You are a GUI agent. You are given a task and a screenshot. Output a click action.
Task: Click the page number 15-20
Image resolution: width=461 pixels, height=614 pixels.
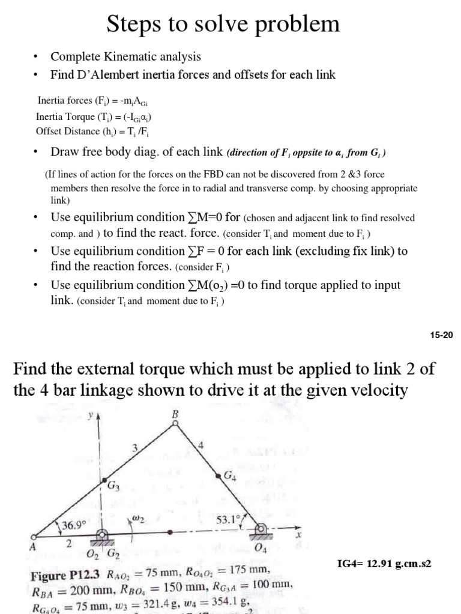(441, 336)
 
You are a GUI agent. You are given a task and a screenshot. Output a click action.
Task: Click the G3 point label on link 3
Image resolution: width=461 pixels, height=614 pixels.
(113, 487)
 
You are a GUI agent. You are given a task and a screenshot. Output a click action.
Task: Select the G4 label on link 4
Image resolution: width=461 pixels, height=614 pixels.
(229, 475)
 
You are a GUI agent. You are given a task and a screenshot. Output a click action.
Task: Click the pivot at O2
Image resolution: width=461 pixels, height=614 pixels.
(103, 534)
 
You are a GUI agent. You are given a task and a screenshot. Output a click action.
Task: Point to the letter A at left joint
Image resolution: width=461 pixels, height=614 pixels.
(32, 546)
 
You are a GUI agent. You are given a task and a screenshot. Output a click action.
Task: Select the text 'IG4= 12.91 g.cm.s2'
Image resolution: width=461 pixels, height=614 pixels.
(385, 564)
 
